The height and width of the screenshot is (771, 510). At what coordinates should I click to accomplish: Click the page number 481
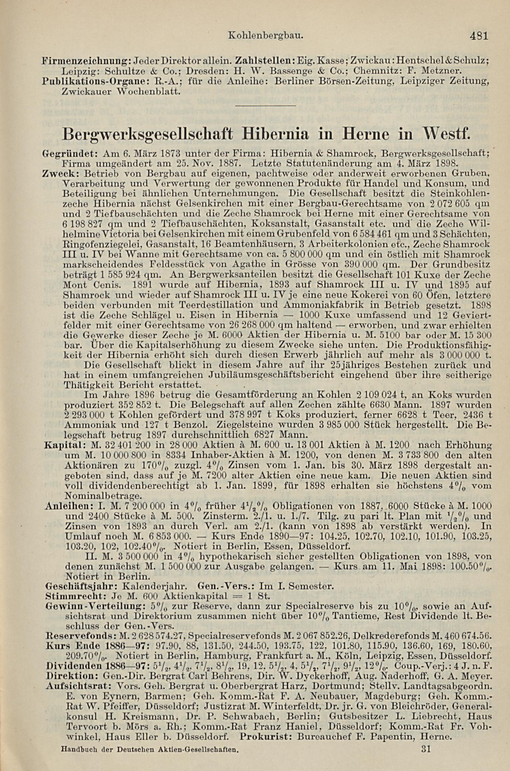[x=479, y=35]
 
